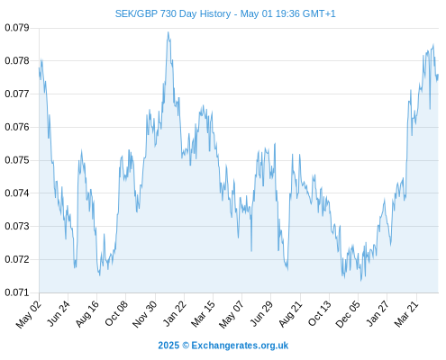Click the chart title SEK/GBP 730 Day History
(x=173, y=13)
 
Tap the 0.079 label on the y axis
(x=17, y=28)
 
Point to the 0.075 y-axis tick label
(x=17, y=160)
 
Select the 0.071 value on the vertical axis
(x=17, y=292)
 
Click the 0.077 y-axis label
(x=17, y=94)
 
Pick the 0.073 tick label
(x=17, y=226)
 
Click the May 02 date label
(x=29, y=314)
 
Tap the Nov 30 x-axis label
(x=145, y=314)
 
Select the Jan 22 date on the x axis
(x=175, y=313)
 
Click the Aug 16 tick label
(x=87, y=314)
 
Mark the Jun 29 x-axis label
(x=261, y=314)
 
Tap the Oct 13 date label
(x=320, y=314)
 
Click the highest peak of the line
(x=168, y=32)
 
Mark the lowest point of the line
(x=361, y=281)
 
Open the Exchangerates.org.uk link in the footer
(x=240, y=346)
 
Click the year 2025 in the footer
(x=168, y=346)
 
